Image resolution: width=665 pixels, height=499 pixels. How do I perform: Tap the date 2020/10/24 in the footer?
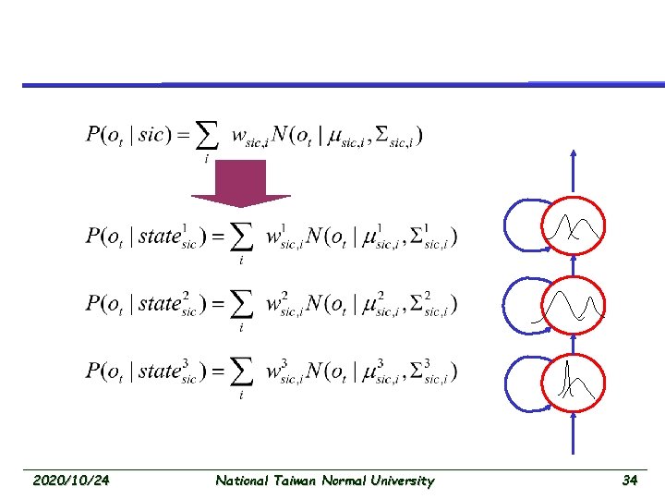pyautogui.click(x=70, y=481)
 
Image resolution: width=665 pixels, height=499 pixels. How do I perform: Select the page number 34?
pyautogui.click(x=630, y=481)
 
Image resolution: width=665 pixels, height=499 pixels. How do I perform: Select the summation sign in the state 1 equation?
pyautogui.click(x=241, y=237)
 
